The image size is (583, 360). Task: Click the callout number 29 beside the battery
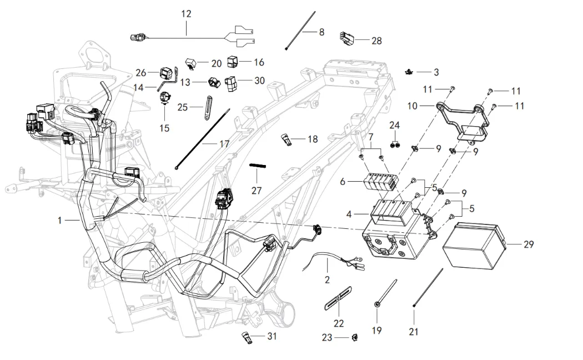pos(528,244)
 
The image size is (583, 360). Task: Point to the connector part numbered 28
pos(345,38)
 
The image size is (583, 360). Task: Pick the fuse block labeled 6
pos(381,182)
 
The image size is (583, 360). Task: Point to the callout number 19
pos(377,331)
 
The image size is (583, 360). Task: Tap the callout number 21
pos(413,332)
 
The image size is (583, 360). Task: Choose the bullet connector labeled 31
pos(246,337)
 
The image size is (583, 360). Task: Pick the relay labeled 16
pos(232,61)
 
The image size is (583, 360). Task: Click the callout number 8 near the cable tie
pos(321,32)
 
